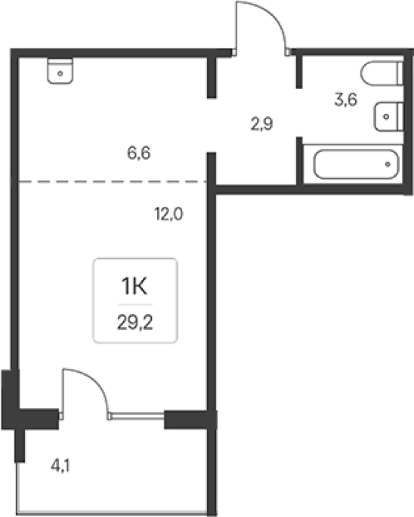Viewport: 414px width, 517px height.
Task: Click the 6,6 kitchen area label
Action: pyautogui.click(x=139, y=153)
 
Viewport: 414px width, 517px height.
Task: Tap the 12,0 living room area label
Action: pyautogui.click(x=168, y=214)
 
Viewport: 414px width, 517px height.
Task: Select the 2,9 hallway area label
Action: pyautogui.click(x=262, y=125)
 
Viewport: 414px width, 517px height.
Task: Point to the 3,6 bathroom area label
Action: pyautogui.click(x=346, y=100)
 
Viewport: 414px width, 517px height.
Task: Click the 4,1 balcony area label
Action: pyautogui.click(x=60, y=466)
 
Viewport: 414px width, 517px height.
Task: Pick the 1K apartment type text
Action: pyautogui.click(x=134, y=286)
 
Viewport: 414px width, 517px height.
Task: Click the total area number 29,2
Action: pyautogui.click(x=135, y=323)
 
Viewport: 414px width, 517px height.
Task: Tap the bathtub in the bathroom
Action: pyautogui.click(x=356, y=165)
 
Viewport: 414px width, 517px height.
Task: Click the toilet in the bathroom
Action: pyautogui.click(x=382, y=73)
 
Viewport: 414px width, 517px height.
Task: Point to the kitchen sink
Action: pyautogui.click(x=60, y=71)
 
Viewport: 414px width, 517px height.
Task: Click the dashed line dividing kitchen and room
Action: pyautogui.click(x=113, y=182)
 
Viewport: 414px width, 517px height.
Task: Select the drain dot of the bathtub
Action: pyautogui.click(x=388, y=165)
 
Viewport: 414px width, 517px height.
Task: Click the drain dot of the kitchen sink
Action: pyautogui.click(x=60, y=73)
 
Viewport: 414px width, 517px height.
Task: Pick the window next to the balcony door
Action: pyautogui.click(x=137, y=417)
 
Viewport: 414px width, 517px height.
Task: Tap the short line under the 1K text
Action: pyautogui.click(x=135, y=305)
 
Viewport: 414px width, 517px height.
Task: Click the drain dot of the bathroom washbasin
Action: pyautogui.click(x=386, y=116)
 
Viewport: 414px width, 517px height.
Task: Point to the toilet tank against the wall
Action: pyautogui.click(x=400, y=73)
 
